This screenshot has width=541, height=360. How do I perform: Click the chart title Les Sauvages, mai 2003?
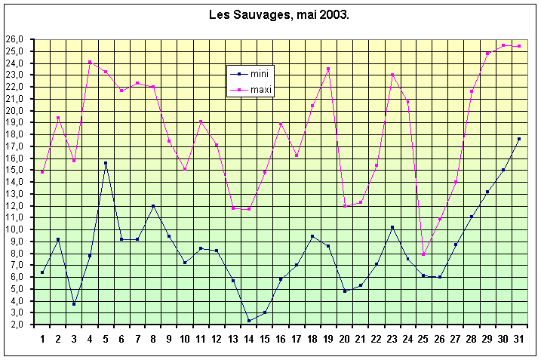pos(278,15)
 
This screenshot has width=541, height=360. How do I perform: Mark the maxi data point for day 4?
pos(90,62)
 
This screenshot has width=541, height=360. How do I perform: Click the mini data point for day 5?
pos(106,163)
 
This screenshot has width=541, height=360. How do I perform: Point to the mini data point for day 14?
pos(248,321)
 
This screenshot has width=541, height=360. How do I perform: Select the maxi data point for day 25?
pos(423,254)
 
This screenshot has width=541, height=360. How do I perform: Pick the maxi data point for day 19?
pos(328,69)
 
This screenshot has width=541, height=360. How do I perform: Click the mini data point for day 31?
pos(518,139)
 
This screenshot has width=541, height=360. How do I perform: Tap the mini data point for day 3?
pos(74,303)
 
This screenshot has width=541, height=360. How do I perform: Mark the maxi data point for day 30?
pos(503,45)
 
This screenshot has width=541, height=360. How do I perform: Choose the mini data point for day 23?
pos(392,227)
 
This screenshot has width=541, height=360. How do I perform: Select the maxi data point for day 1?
pos(42,172)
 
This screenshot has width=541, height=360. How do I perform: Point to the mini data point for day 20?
pos(344,291)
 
